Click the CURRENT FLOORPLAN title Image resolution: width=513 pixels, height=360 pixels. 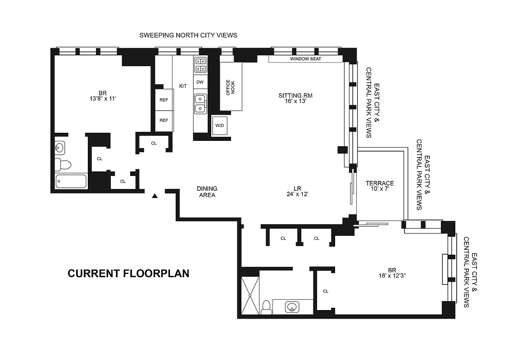click(x=128, y=273)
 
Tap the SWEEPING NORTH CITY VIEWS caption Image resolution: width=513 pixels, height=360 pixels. click(x=188, y=35)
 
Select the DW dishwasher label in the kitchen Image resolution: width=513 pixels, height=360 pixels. click(x=200, y=82)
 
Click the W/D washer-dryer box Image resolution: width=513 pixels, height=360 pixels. click(x=220, y=125)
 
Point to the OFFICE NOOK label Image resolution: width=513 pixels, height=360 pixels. click(x=231, y=87)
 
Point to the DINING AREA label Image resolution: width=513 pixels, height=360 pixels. click(x=207, y=192)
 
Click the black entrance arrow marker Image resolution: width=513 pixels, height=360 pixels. click(x=155, y=196)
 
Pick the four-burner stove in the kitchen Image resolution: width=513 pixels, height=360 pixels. click(x=200, y=65)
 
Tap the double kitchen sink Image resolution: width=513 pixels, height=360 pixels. click(x=200, y=104)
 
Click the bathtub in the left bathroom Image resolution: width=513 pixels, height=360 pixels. click(x=71, y=182)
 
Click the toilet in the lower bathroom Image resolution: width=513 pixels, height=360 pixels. click(x=266, y=306)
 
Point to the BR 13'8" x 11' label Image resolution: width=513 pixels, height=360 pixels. click(x=102, y=97)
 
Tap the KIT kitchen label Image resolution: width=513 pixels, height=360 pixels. click(x=183, y=86)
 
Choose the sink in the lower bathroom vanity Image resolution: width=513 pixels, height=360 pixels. click(x=292, y=307)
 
